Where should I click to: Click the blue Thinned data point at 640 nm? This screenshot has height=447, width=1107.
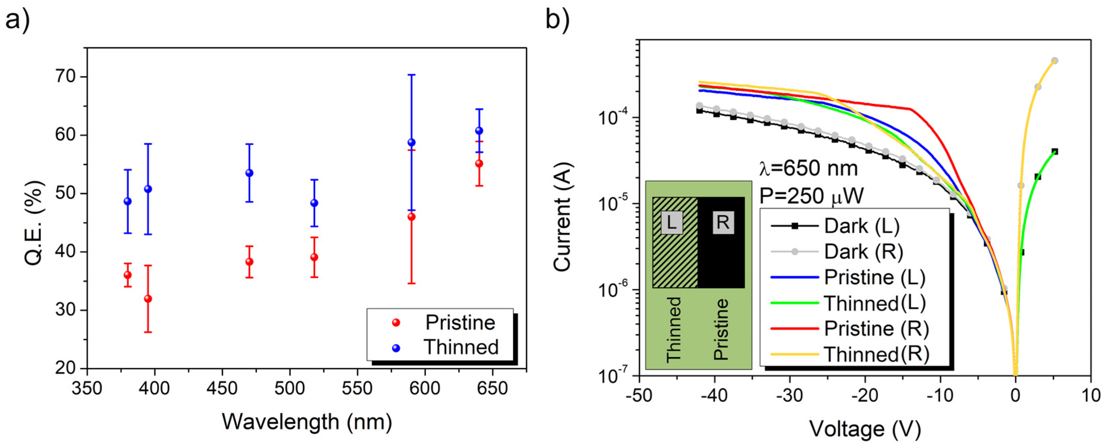click(479, 131)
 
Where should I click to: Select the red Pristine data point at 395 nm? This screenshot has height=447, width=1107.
click(148, 299)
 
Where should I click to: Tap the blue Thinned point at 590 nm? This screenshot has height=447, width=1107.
click(411, 142)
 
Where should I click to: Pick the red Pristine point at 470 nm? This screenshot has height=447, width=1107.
click(249, 262)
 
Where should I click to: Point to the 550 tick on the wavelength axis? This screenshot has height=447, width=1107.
click(357, 389)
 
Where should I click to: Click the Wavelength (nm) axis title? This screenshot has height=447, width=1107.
click(307, 422)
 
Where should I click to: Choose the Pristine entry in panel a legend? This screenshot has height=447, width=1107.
click(460, 322)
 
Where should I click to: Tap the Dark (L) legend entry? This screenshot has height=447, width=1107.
click(861, 226)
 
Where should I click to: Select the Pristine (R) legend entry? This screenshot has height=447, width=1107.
click(876, 329)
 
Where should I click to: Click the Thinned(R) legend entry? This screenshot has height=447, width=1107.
click(876, 354)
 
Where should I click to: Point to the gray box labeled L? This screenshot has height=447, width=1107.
click(672, 223)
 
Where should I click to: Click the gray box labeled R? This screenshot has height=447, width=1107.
click(723, 223)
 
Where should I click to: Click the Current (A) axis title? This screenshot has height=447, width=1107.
click(563, 217)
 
